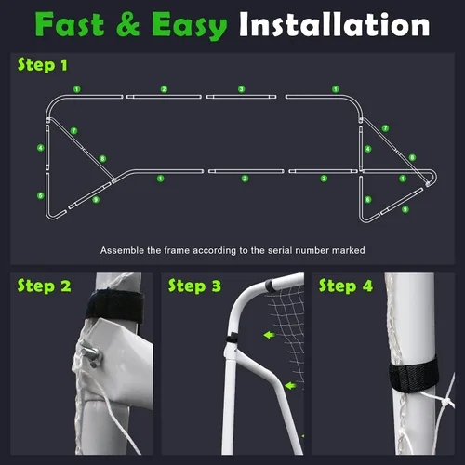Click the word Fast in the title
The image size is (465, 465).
69,24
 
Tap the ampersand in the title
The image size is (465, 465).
128,24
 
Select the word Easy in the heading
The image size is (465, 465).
190,26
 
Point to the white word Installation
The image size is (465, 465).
335,24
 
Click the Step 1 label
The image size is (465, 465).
43,65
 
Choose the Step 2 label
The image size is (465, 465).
44,286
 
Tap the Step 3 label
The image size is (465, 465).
194,286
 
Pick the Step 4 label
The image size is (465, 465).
346,286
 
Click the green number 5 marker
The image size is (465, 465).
41,195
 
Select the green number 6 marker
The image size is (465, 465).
368,199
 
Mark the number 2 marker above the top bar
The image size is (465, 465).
164,89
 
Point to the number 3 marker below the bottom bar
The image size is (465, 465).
324,179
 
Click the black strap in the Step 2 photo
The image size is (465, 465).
114,305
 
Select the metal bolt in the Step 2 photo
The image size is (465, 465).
92,353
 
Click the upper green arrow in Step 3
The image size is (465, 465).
269,335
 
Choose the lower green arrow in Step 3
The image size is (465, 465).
290,386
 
